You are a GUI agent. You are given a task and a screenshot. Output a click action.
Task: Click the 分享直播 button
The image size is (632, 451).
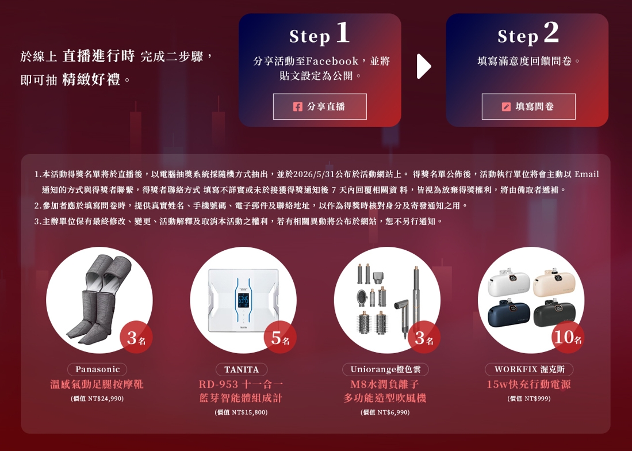pyautogui.click(x=320, y=106)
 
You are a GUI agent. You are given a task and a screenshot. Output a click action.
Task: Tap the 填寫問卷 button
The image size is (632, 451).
pyautogui.click(x=528, y=106)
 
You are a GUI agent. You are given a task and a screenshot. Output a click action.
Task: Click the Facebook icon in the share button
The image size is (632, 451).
pyautogui.click(x=297, y=106)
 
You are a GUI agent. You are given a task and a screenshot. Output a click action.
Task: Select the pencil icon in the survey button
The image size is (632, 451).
pyautogui.click(x=506, y=106)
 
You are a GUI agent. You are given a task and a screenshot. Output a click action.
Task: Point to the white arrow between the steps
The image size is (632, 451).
pyautogui.click(x=423, y=66)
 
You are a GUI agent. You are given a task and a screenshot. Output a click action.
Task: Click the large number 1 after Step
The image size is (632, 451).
pyautogui.click(x=342, y=33)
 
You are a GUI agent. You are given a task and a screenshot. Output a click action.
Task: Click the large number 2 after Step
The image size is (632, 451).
pyautogui.click(x=551, y=33)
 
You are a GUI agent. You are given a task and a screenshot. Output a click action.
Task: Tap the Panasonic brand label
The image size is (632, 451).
pyautogui.click(x=97, y=369)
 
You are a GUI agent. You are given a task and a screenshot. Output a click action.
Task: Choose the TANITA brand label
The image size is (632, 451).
pyautogui.click(x=242, y=369)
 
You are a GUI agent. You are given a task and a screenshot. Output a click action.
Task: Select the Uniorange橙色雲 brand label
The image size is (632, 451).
pyautogui.click(x=385, y=369)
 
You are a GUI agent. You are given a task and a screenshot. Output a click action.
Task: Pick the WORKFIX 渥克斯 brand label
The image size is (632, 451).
pyautogui.click(x=529, y=369)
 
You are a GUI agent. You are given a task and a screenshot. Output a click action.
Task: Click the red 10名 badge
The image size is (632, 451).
pyautogui.click(x=568, y=337)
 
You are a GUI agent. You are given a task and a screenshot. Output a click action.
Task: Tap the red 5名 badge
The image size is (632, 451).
pyautogui.click(x=280, y=337)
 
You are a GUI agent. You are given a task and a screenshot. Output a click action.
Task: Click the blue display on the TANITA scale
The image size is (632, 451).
pyautogui.click(x=243, y=300)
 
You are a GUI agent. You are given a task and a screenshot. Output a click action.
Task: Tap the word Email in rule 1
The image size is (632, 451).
pyautogui.click(x=587, y=174)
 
